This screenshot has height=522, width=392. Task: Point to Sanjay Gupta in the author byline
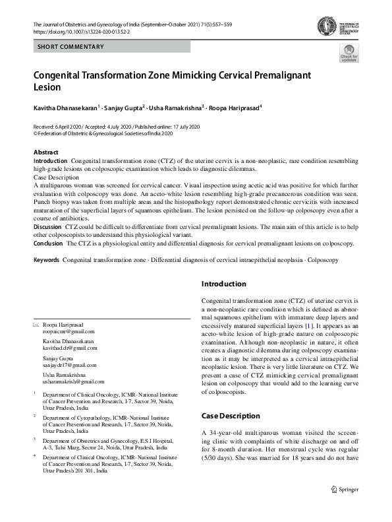pos(123,107)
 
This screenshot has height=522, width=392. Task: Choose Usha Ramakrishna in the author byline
pos(175,107)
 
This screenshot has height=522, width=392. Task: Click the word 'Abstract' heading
pos(45,152)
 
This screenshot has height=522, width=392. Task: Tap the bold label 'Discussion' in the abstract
pos(47,226)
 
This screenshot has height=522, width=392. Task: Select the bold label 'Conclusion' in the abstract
pos(48,243)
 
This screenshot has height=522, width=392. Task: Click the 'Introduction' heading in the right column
pos(223,284)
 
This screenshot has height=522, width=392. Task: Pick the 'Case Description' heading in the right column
pos(230,416)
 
